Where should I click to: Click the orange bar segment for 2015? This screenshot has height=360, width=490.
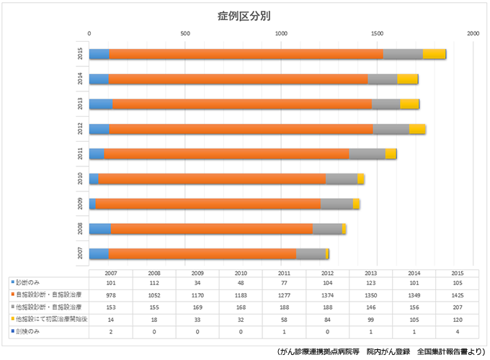click(x=245, y=54)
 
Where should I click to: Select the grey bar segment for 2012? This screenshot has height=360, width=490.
click(x=391, y=129)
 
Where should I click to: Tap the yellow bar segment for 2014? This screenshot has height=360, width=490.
click(x=407, y=79)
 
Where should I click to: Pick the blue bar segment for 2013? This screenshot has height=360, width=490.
click(x=100, y=104)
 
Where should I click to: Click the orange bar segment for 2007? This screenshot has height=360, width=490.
click(x=202, y=253)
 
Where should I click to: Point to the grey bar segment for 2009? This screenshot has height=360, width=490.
click(x=337, y=204)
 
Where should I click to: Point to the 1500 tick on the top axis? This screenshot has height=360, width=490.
click(x=377, y=34)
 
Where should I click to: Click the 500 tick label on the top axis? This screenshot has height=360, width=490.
click(x=185, y=34)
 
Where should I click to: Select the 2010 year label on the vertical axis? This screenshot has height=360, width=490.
click(x=81, y=179)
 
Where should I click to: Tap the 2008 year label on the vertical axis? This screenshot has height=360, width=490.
click(x=81, y=228)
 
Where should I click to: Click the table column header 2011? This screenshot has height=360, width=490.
click(x=284, y=273)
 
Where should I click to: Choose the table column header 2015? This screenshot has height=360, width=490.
click(x=457, y=273)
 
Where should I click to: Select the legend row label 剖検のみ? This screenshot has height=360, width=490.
click(x=29, y=331)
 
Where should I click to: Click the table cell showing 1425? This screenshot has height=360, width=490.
click(x=457, y=294)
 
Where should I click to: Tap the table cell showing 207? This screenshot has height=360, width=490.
click(x=457, y=307)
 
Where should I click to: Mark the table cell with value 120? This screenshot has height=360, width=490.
click(x=457, y=319)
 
